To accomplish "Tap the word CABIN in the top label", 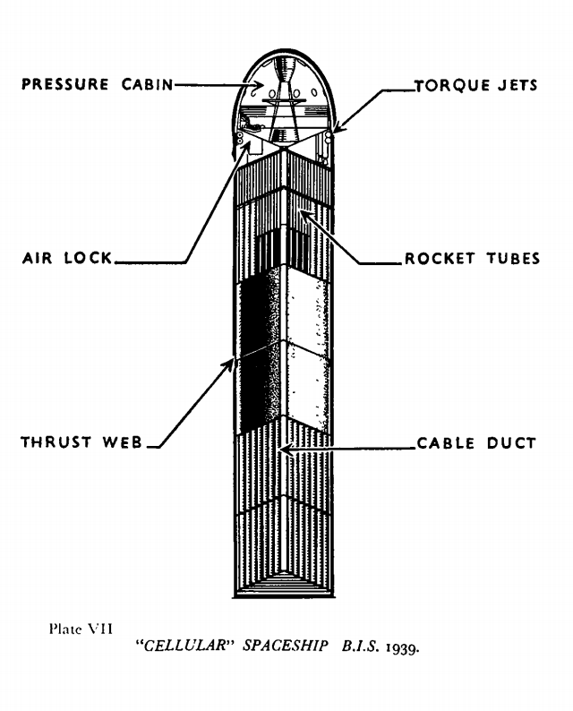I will (x=144, y=85).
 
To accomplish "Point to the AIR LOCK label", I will (x=67, y=259).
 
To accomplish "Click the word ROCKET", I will (x=440, y=259).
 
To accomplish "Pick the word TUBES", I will (x=511, y=259).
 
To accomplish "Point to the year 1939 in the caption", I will (x=402, y=651).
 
